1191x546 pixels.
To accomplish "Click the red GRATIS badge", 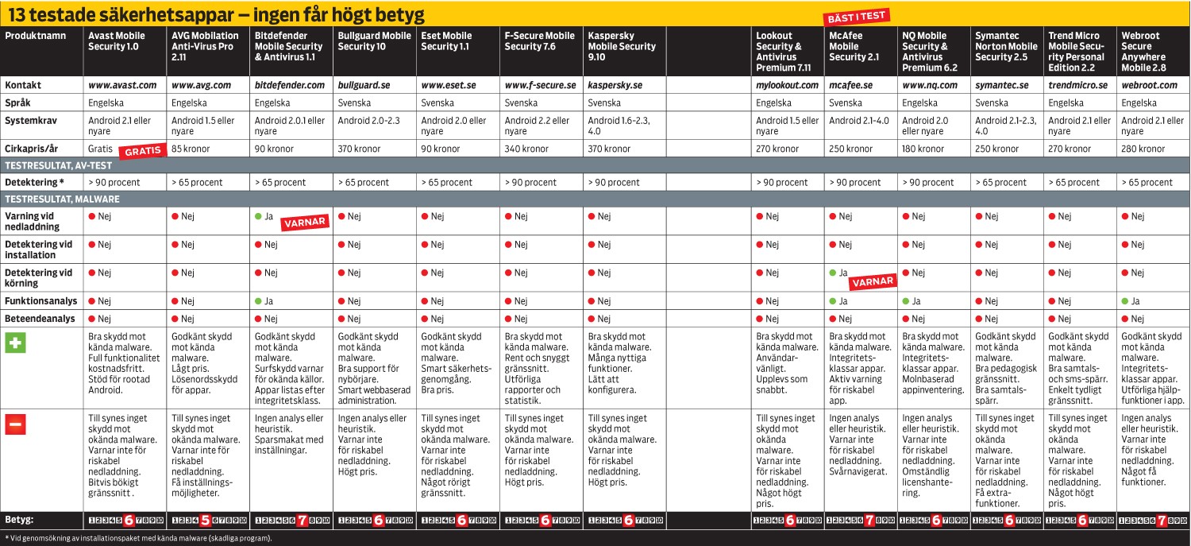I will pyautogui.click(x=142, y=150).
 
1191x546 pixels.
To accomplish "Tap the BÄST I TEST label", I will pyautogui.click(x=858, y=16).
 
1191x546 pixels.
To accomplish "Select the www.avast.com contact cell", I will pyautogui.click(x=122, y=85).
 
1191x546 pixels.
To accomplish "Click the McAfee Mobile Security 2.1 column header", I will pyautogui.click(x=854, y=46).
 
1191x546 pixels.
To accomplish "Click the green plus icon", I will pyautogui.click(x=16, y=344).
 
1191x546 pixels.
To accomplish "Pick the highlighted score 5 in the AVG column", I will pyautogui.click(x=205, y=521).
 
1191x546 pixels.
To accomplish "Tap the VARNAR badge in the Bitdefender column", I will pyautogui.click(x=304, y=223).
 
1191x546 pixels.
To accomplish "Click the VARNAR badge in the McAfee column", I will pyautogui.click(x=873, y=281).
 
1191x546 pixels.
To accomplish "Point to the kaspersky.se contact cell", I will pyautogui.click(x=615, y=85).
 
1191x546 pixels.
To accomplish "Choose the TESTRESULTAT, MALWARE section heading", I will pyautogui.click(x=62, y=199).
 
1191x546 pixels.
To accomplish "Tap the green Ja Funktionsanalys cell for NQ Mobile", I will pyautogui.click(x=914, y=301).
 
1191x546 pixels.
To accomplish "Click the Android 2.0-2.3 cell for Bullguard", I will pyautogui.click(x=368, y=121).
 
